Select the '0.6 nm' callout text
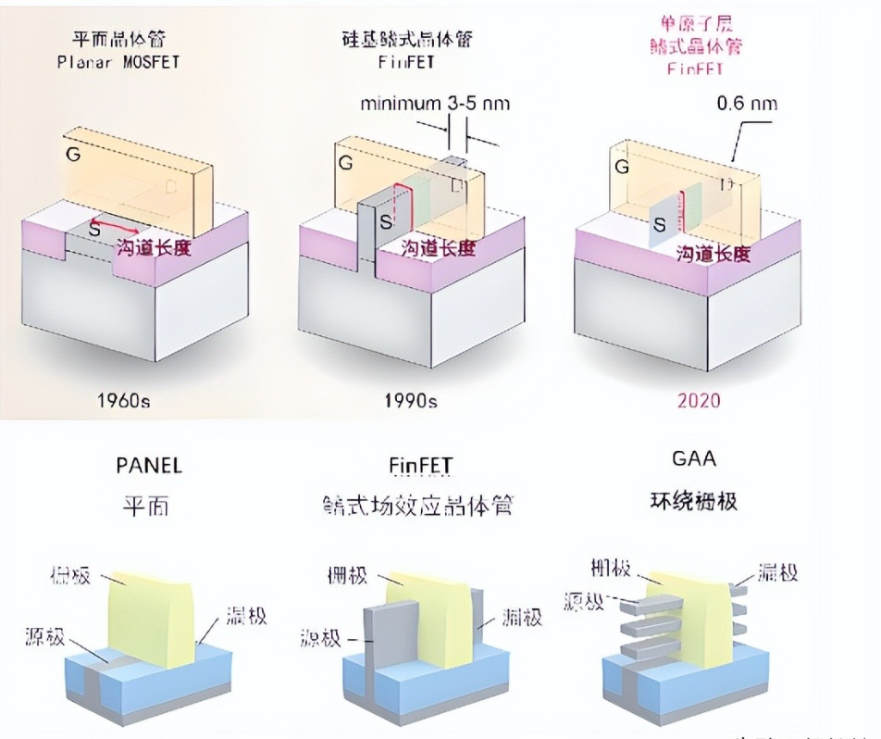pyautogui.click(x=746, y=103)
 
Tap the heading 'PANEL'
pyautogui.click(x=149, y=465)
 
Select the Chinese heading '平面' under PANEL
pyautogui.click(x=148, y=506)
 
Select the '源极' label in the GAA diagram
pyautogui.click(x=582, y=601)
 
